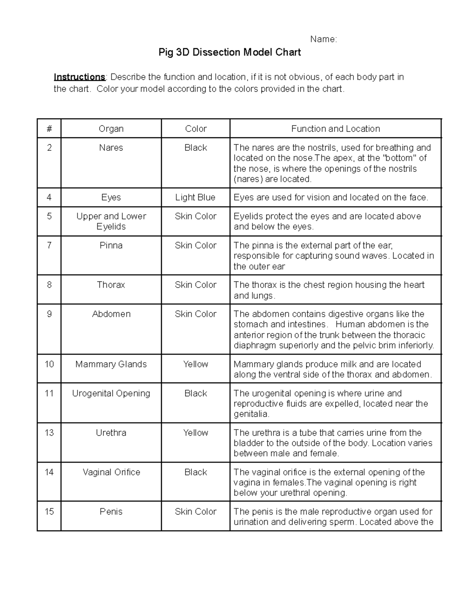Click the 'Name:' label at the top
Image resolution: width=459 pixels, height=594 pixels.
click(x=323, y=39)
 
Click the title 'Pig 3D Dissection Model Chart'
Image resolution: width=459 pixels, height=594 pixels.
click(x=229, y=52)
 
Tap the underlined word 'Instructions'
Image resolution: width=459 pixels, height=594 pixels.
click(x=79, y=77)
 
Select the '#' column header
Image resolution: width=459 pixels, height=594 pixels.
click(x=49, y=129)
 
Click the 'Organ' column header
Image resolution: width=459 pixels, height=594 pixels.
click(x=111, y=129)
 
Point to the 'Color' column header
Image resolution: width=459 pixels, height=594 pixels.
click(x=195, y=129)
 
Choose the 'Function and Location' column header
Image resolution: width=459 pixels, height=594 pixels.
click(x=335, y=129)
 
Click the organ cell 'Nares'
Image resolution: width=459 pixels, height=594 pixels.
click(x=111, y=148)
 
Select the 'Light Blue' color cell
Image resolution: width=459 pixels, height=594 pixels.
click(x=195, y=197)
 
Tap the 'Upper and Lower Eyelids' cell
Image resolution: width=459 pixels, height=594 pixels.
click(x=111, y=221)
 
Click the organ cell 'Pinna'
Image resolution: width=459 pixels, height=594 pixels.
click(x=111, y=245)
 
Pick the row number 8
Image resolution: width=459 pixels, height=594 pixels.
click(x=49, y=285)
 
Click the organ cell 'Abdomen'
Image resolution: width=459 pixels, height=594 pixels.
click(x=111, y=314)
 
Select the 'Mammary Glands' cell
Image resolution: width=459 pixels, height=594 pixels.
click(x=111, y=364)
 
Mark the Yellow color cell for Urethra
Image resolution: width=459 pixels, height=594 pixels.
click(x=195, y=433)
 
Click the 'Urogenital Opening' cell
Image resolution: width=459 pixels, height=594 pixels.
click(x=111, y=393)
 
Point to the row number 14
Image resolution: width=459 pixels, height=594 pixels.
click(x=49, y=472)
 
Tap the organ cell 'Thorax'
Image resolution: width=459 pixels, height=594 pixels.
click(x=111, y=285)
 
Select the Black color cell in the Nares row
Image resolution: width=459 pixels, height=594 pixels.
click(x=195, y=148)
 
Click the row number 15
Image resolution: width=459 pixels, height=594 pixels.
click(x=49, y=511)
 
